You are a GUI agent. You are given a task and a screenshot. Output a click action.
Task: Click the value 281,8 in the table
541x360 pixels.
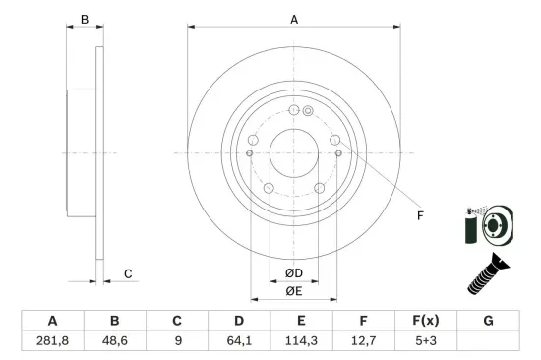[52, 341]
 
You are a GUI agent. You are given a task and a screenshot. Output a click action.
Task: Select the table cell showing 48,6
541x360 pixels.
[114, 341]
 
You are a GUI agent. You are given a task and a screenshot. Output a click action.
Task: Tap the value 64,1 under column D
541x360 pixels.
[239, 341]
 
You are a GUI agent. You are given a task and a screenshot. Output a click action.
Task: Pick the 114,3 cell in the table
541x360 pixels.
[301, 341]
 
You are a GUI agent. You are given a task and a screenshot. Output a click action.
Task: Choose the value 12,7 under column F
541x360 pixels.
[363, 341]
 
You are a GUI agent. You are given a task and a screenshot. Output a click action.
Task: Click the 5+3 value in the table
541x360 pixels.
[426, 341]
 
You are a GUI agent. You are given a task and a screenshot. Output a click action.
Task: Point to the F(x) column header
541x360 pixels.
[426, 321]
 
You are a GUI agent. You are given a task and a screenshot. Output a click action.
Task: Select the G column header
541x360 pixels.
[488, 321]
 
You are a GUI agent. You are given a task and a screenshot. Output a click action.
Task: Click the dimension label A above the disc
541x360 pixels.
[294, 20]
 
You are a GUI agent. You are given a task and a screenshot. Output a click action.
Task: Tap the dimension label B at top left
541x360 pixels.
[85, 20]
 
